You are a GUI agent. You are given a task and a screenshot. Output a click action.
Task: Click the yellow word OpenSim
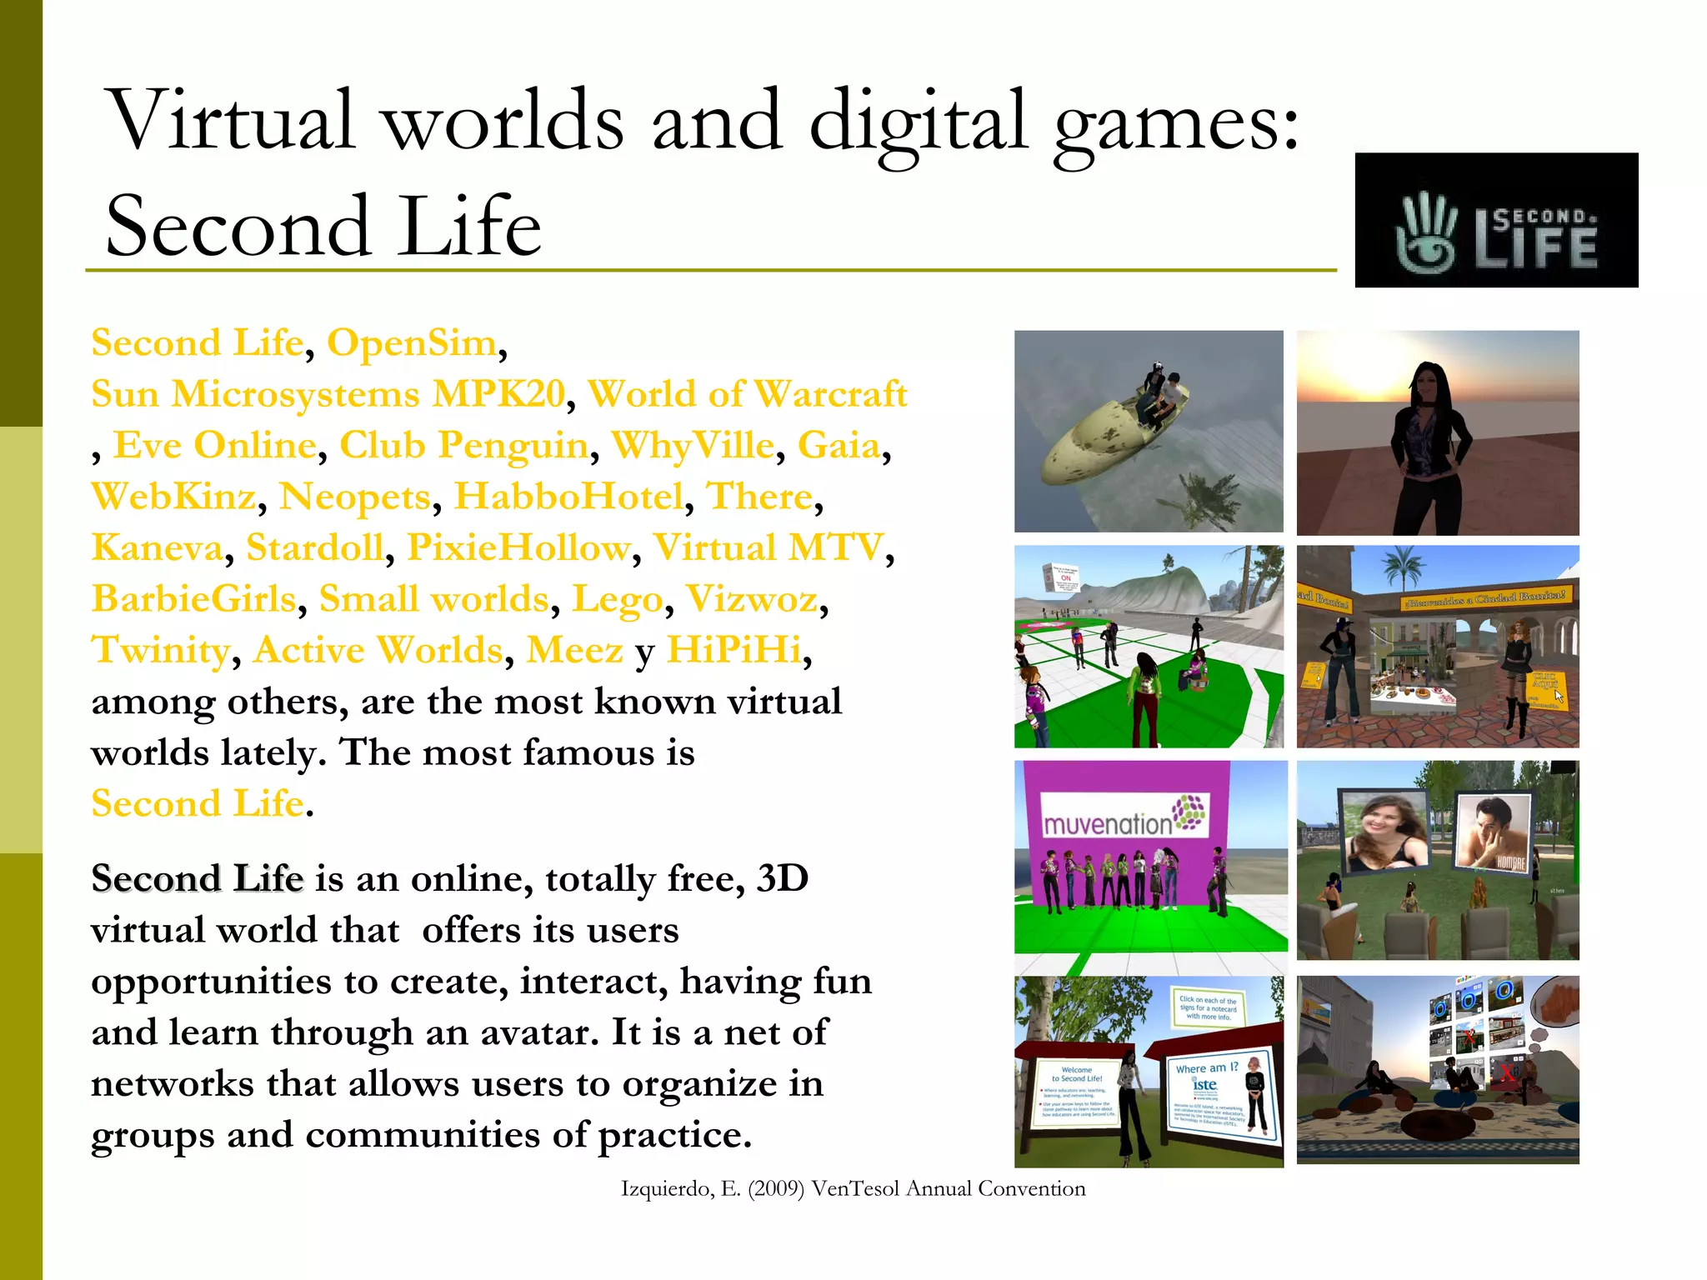412,342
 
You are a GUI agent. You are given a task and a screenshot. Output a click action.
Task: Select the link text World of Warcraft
748,394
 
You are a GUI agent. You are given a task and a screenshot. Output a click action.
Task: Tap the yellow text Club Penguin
463,445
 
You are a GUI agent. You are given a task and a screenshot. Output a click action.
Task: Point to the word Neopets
354,497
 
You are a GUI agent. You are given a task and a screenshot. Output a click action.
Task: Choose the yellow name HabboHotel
568,497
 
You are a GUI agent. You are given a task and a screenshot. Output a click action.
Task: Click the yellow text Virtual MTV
768,547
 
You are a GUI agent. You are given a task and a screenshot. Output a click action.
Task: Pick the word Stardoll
315,547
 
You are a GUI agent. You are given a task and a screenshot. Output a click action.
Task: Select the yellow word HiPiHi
733,650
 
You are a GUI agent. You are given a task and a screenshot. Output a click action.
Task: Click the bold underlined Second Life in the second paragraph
198,878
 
